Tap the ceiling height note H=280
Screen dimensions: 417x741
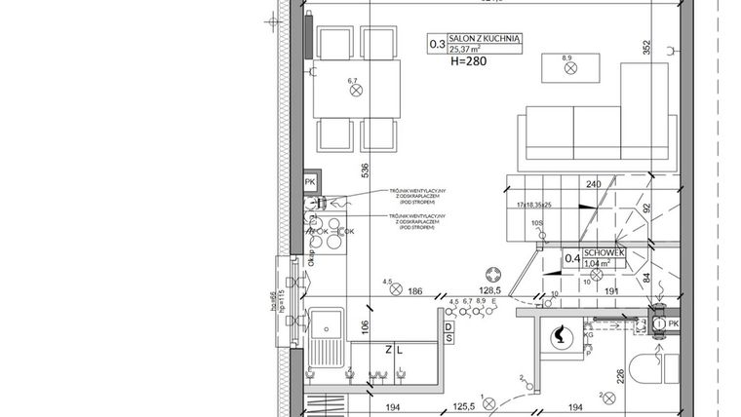[x=469, y=60]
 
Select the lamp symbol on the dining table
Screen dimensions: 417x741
[x=355, y=90]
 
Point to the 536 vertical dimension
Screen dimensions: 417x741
[x=365, y=170]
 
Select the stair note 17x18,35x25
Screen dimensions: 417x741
[x=530, y=206]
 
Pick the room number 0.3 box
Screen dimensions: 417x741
[x=437, y=43]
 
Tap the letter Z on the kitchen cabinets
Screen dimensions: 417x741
[x=388, y=348]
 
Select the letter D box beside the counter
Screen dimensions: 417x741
[x=448, y=325]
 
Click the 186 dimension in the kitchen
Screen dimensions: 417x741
[x=414, y=291]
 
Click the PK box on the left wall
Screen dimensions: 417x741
[x=310, y=182]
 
